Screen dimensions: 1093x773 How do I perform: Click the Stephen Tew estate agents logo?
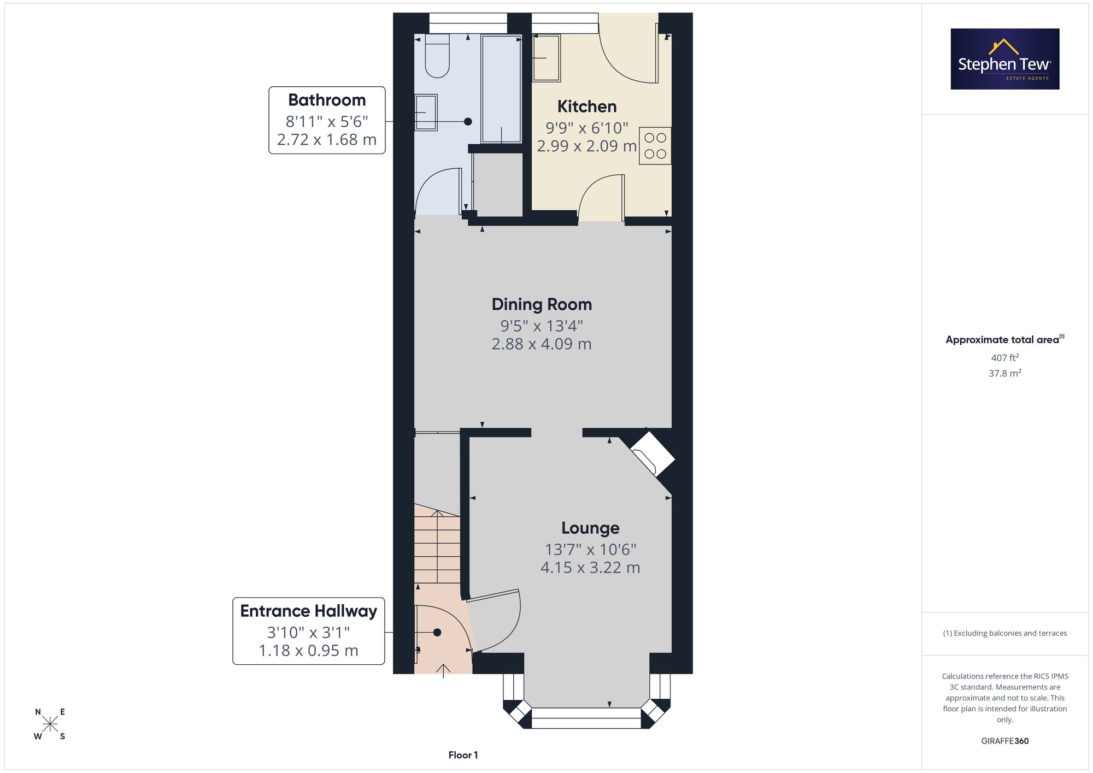coord(1005,59)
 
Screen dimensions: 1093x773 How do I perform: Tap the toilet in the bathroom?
coord(437,56)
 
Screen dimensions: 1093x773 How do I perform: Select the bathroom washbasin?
coord(426,113)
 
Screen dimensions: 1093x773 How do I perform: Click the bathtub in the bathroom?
coord(501,89)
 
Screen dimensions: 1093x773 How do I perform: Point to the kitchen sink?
coord(546,58)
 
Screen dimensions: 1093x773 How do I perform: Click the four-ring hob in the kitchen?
coord(655,146)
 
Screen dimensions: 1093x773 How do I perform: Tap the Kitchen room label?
coord(587,107)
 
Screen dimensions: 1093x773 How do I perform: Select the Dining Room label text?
coord(542,304)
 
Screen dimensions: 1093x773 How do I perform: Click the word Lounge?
coord(590,528)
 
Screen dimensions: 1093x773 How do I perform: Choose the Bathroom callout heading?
coord(327,100)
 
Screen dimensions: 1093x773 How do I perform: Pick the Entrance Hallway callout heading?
coord(309,611)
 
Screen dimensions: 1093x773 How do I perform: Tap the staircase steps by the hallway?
coord(437,546)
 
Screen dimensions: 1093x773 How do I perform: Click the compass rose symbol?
coord(50,724)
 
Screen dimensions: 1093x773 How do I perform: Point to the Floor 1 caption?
coord(463,755)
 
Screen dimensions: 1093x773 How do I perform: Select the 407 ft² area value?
coord(1005,358)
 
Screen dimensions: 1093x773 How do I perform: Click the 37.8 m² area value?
coord(1005,373)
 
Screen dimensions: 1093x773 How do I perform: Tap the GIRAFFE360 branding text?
coord(1005,741)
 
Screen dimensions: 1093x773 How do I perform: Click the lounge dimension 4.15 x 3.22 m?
coord(590,568)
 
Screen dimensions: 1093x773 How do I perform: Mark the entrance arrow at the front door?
coord(443,671)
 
